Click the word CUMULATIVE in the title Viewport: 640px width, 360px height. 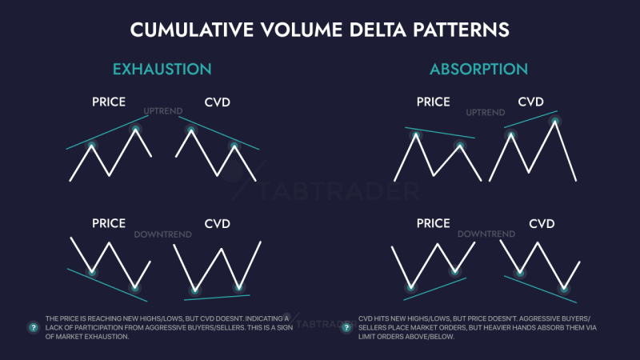186,30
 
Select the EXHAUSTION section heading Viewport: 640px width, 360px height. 162,69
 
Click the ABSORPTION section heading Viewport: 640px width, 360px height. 478,69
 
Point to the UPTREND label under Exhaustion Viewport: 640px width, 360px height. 163,110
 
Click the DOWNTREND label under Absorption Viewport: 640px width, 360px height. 486,234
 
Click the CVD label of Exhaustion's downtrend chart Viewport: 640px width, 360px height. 217,224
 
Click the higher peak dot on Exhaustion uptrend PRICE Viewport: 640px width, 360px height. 135,129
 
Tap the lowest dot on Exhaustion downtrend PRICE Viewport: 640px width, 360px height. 134,286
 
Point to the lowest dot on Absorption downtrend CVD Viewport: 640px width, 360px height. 565,286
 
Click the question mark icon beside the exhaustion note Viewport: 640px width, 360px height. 33,327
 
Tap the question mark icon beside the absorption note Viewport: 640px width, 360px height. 346,327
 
